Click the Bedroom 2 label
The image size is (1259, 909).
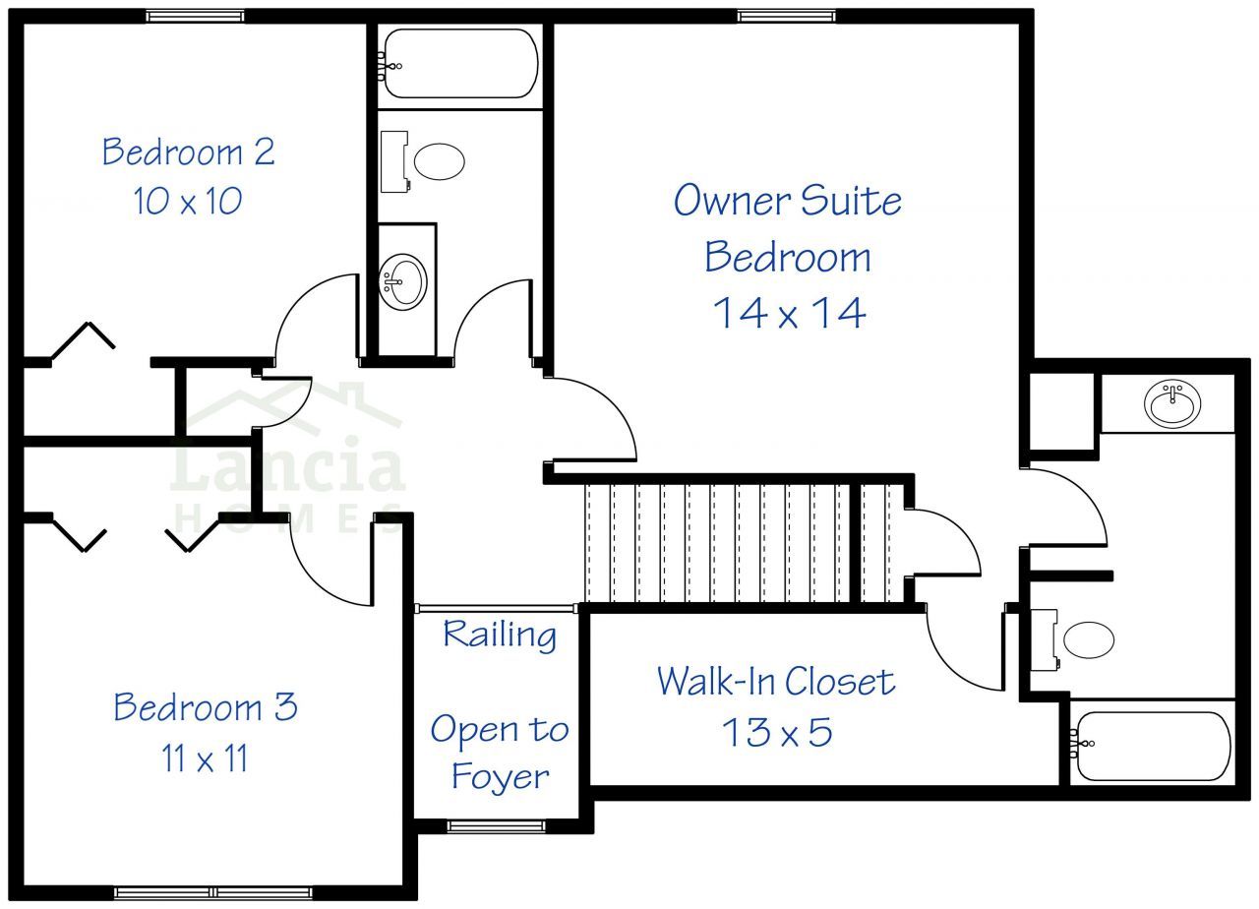188,151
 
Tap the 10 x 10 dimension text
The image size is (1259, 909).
188,201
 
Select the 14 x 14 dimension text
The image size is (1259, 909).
789,313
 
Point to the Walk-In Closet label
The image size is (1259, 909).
776,682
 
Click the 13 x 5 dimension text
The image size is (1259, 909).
777,731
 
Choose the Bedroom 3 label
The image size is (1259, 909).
206,706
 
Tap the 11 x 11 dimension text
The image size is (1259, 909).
205,757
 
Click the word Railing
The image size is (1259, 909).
500,635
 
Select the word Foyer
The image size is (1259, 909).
501,777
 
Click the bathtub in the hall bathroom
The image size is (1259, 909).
460,64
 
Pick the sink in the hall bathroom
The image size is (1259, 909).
402,281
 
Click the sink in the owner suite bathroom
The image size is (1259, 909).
1172,403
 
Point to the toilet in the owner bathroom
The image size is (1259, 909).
1072,639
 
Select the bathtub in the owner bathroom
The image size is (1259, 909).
1151,746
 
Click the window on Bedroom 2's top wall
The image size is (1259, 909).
195,16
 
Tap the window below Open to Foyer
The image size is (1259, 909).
497,825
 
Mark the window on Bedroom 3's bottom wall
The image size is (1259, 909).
213,892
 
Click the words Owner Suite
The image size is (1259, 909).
788,200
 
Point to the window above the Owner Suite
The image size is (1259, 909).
786,16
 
